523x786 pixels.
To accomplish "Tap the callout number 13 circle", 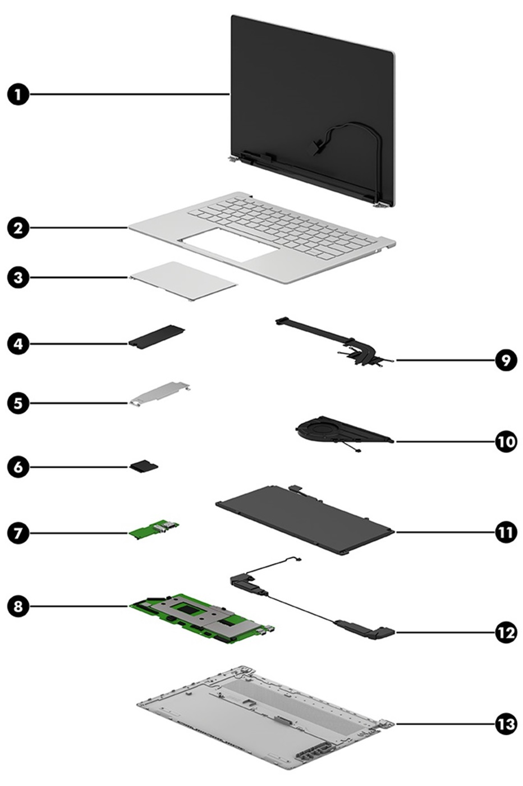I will [505, 724].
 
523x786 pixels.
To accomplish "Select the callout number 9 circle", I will [505, 360].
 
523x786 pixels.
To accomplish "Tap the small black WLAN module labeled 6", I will [145, 466].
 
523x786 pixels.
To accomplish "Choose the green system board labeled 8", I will [199, 616].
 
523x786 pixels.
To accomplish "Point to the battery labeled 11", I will [306, 519].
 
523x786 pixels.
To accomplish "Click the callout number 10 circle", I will [505, 442].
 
